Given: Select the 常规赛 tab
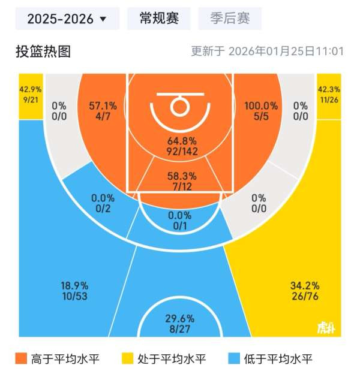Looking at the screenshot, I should pos(159,19).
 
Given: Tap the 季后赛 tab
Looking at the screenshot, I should pos(230,19).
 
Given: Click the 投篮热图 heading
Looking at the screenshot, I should pos(43,52).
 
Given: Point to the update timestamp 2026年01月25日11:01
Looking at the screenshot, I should pos(268,52).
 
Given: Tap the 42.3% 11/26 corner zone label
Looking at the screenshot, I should pos(329,95).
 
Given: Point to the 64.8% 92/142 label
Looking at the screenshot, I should pos(181,146).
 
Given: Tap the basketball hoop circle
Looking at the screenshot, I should pos(179,107).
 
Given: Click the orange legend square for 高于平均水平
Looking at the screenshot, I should pos(22,358).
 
